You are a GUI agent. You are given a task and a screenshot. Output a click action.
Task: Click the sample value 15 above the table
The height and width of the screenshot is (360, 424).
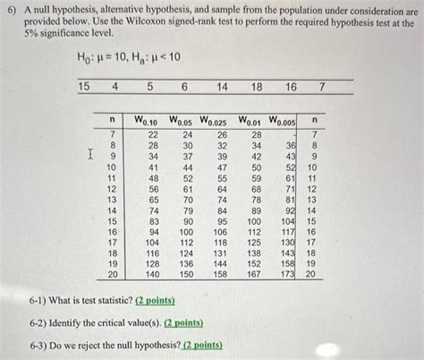pos(84,86)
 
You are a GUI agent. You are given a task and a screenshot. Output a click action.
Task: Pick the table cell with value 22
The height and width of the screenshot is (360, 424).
pos(153,133)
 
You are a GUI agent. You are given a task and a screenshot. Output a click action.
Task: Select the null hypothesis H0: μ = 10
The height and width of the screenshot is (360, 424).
pos(106,57)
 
